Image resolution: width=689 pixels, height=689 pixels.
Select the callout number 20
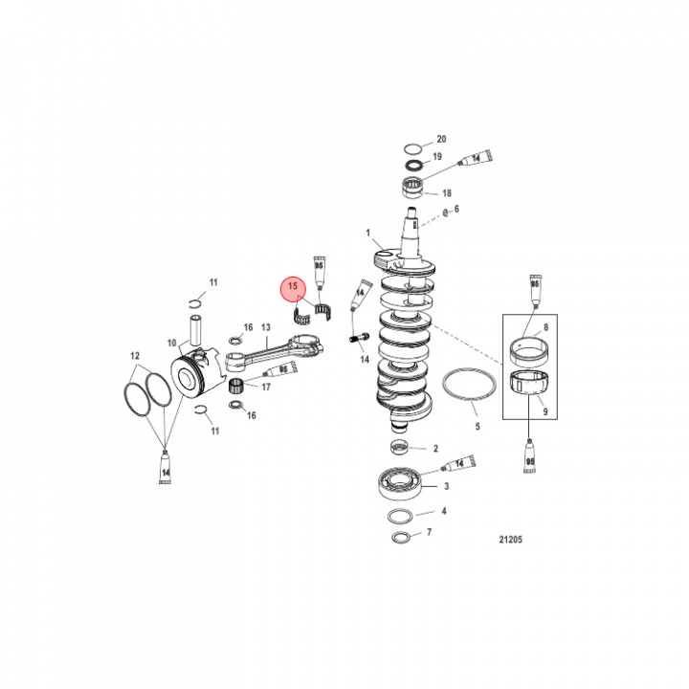pos(441,140)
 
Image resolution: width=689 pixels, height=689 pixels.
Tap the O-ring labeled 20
pos(413,149)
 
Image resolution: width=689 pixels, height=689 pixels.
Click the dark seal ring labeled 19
pos(413,166)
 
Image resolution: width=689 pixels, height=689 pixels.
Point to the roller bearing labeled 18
pos(413,186)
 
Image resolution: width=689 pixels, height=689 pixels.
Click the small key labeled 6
pos(445,213)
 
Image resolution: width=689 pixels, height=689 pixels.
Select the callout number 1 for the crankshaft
pos(368,233)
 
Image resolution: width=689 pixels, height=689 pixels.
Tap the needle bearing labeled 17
pos(236,386)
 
